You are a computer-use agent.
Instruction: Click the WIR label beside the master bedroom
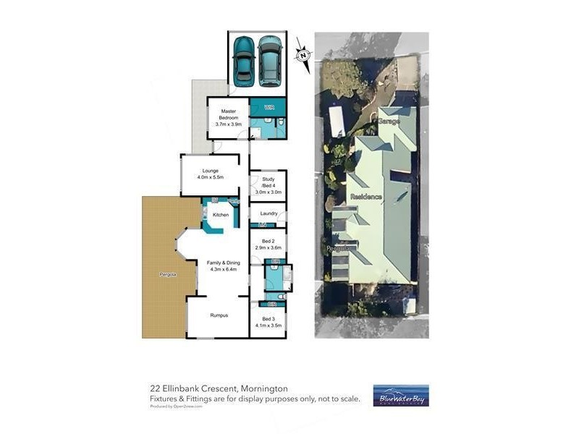(269, 108)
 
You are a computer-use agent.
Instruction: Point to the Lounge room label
(211, 171)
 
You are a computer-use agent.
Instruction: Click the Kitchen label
(221, 215)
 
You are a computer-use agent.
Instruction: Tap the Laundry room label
(269, 213)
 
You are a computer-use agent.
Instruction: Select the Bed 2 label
(268, 242)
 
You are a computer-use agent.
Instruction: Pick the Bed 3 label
(269, 319)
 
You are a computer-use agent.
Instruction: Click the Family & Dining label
(223, 263)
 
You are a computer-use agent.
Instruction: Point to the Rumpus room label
(219, 315)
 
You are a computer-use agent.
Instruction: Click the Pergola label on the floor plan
(168, 275)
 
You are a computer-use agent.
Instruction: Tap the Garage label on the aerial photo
(389, 122)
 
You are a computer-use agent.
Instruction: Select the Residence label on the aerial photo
(366, 197)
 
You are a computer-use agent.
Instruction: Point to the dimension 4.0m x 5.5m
(211, 178)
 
